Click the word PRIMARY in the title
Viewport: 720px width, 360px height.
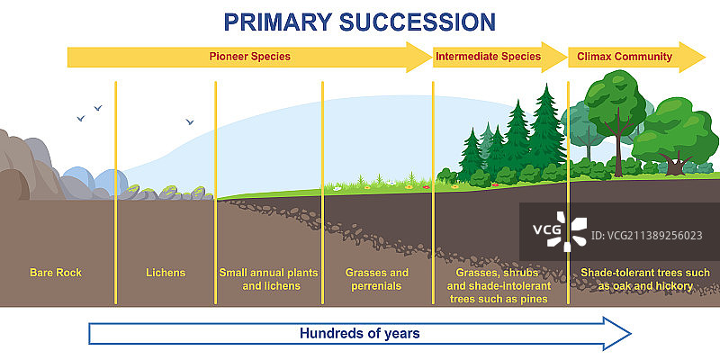click(278, 22)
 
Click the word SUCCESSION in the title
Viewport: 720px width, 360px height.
click(417, 22)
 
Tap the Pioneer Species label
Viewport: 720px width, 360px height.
click(250, 57)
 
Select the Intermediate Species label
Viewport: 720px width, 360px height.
click(488, 57)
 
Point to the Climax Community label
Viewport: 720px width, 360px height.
click(625, 57)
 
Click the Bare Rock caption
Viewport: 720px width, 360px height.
click(56, 273)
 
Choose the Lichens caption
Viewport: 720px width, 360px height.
click(166, 273)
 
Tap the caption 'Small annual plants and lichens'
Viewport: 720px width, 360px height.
click(268, 279)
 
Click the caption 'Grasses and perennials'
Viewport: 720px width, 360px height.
click(376, 279)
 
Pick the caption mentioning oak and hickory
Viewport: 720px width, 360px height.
click(645, 279)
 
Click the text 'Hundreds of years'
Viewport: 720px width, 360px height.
click(359, 333)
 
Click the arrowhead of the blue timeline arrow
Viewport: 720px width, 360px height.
click(617, 333)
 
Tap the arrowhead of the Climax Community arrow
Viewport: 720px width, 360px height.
click(692, 57)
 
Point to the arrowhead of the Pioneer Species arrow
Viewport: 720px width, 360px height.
click(418, 57)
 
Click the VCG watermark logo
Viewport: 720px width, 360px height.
click(560, 231)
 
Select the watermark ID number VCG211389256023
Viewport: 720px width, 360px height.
click(646, 236)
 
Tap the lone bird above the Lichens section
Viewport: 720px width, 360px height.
click(190, 121)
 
